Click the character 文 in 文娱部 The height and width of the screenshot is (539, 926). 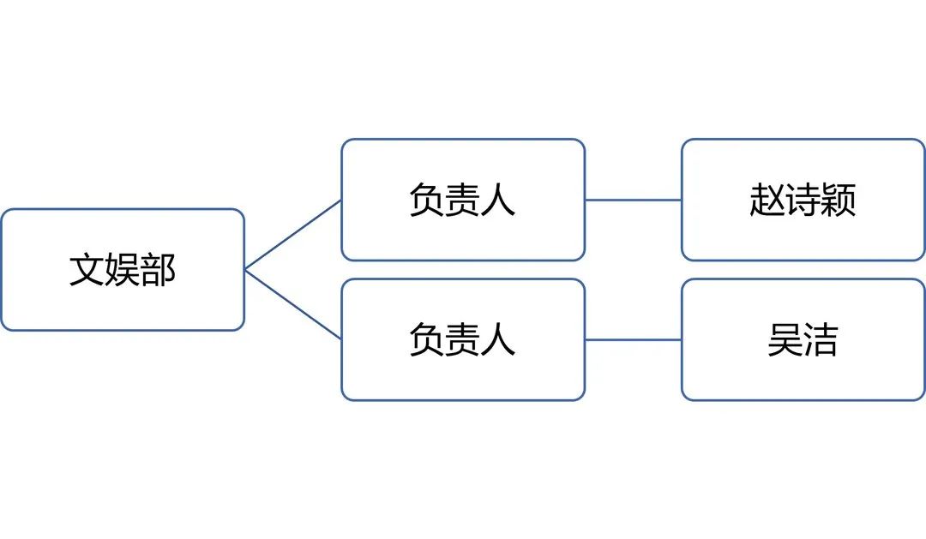click(87, 270)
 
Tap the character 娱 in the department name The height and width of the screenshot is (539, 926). click(123, 270)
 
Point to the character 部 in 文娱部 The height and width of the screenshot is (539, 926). click(159, 270)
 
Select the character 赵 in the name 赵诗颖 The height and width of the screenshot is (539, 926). click(767, 200)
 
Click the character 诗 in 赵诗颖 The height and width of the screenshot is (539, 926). click(803, 200)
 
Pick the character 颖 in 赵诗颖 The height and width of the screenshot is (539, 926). click(839, 200)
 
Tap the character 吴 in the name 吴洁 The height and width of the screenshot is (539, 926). click(785, 339)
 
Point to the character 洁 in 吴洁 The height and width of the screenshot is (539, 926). click(821, 339)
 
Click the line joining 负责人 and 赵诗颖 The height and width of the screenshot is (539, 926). click(633, 201)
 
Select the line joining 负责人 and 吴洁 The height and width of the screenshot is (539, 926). click(633, 340)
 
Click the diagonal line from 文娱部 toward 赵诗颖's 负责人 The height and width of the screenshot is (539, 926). click(293, 235)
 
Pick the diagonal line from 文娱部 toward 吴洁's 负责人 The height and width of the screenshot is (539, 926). click(293, 304)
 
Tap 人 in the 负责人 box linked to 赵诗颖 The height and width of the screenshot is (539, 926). click(498, 200)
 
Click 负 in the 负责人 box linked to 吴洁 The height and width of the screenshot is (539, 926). click(427, 339)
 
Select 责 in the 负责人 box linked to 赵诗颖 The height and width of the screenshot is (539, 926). click(462, 200)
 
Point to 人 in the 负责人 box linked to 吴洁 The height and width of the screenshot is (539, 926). click(498, 339)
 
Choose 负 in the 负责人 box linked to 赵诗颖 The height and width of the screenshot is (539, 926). click(427, 200)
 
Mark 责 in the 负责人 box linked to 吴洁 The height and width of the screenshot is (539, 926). click(462, 339)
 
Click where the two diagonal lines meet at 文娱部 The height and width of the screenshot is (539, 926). click(245, 270)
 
